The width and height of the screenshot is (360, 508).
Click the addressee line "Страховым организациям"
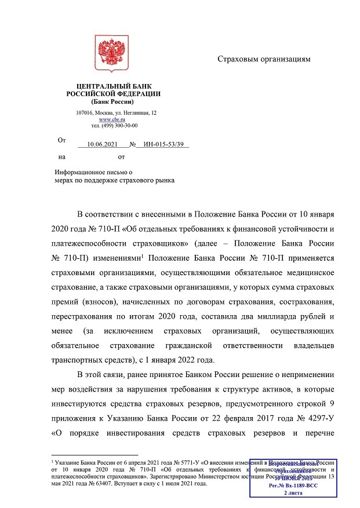(264, 59)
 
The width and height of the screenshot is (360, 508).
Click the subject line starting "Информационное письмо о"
(94, 172)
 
